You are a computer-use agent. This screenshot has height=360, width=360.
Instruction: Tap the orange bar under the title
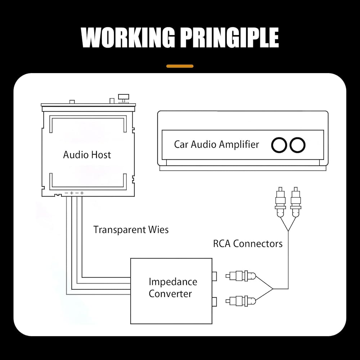(180, 66)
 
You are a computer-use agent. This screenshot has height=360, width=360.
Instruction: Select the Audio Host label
(87, 155)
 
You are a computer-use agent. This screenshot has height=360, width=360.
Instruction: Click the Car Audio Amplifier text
(216, 145)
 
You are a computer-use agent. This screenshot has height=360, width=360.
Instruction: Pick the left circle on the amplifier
(279, 145)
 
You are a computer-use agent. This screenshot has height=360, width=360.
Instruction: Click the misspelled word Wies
(158, 230)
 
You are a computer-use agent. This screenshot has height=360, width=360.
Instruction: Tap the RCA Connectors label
(248, 244)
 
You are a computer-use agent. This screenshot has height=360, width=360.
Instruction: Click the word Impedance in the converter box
(173, 282)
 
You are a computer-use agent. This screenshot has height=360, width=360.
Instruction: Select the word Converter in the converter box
(170, 293)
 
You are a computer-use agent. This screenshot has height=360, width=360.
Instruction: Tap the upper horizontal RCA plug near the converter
(240, 276)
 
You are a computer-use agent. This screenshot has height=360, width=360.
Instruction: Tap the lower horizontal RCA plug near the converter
(240, 300)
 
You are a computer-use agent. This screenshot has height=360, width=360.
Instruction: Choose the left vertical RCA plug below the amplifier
(280, 202)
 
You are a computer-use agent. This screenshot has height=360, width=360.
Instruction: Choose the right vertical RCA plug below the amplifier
(296, 202)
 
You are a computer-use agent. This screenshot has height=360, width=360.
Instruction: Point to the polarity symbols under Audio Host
(74, 193)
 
